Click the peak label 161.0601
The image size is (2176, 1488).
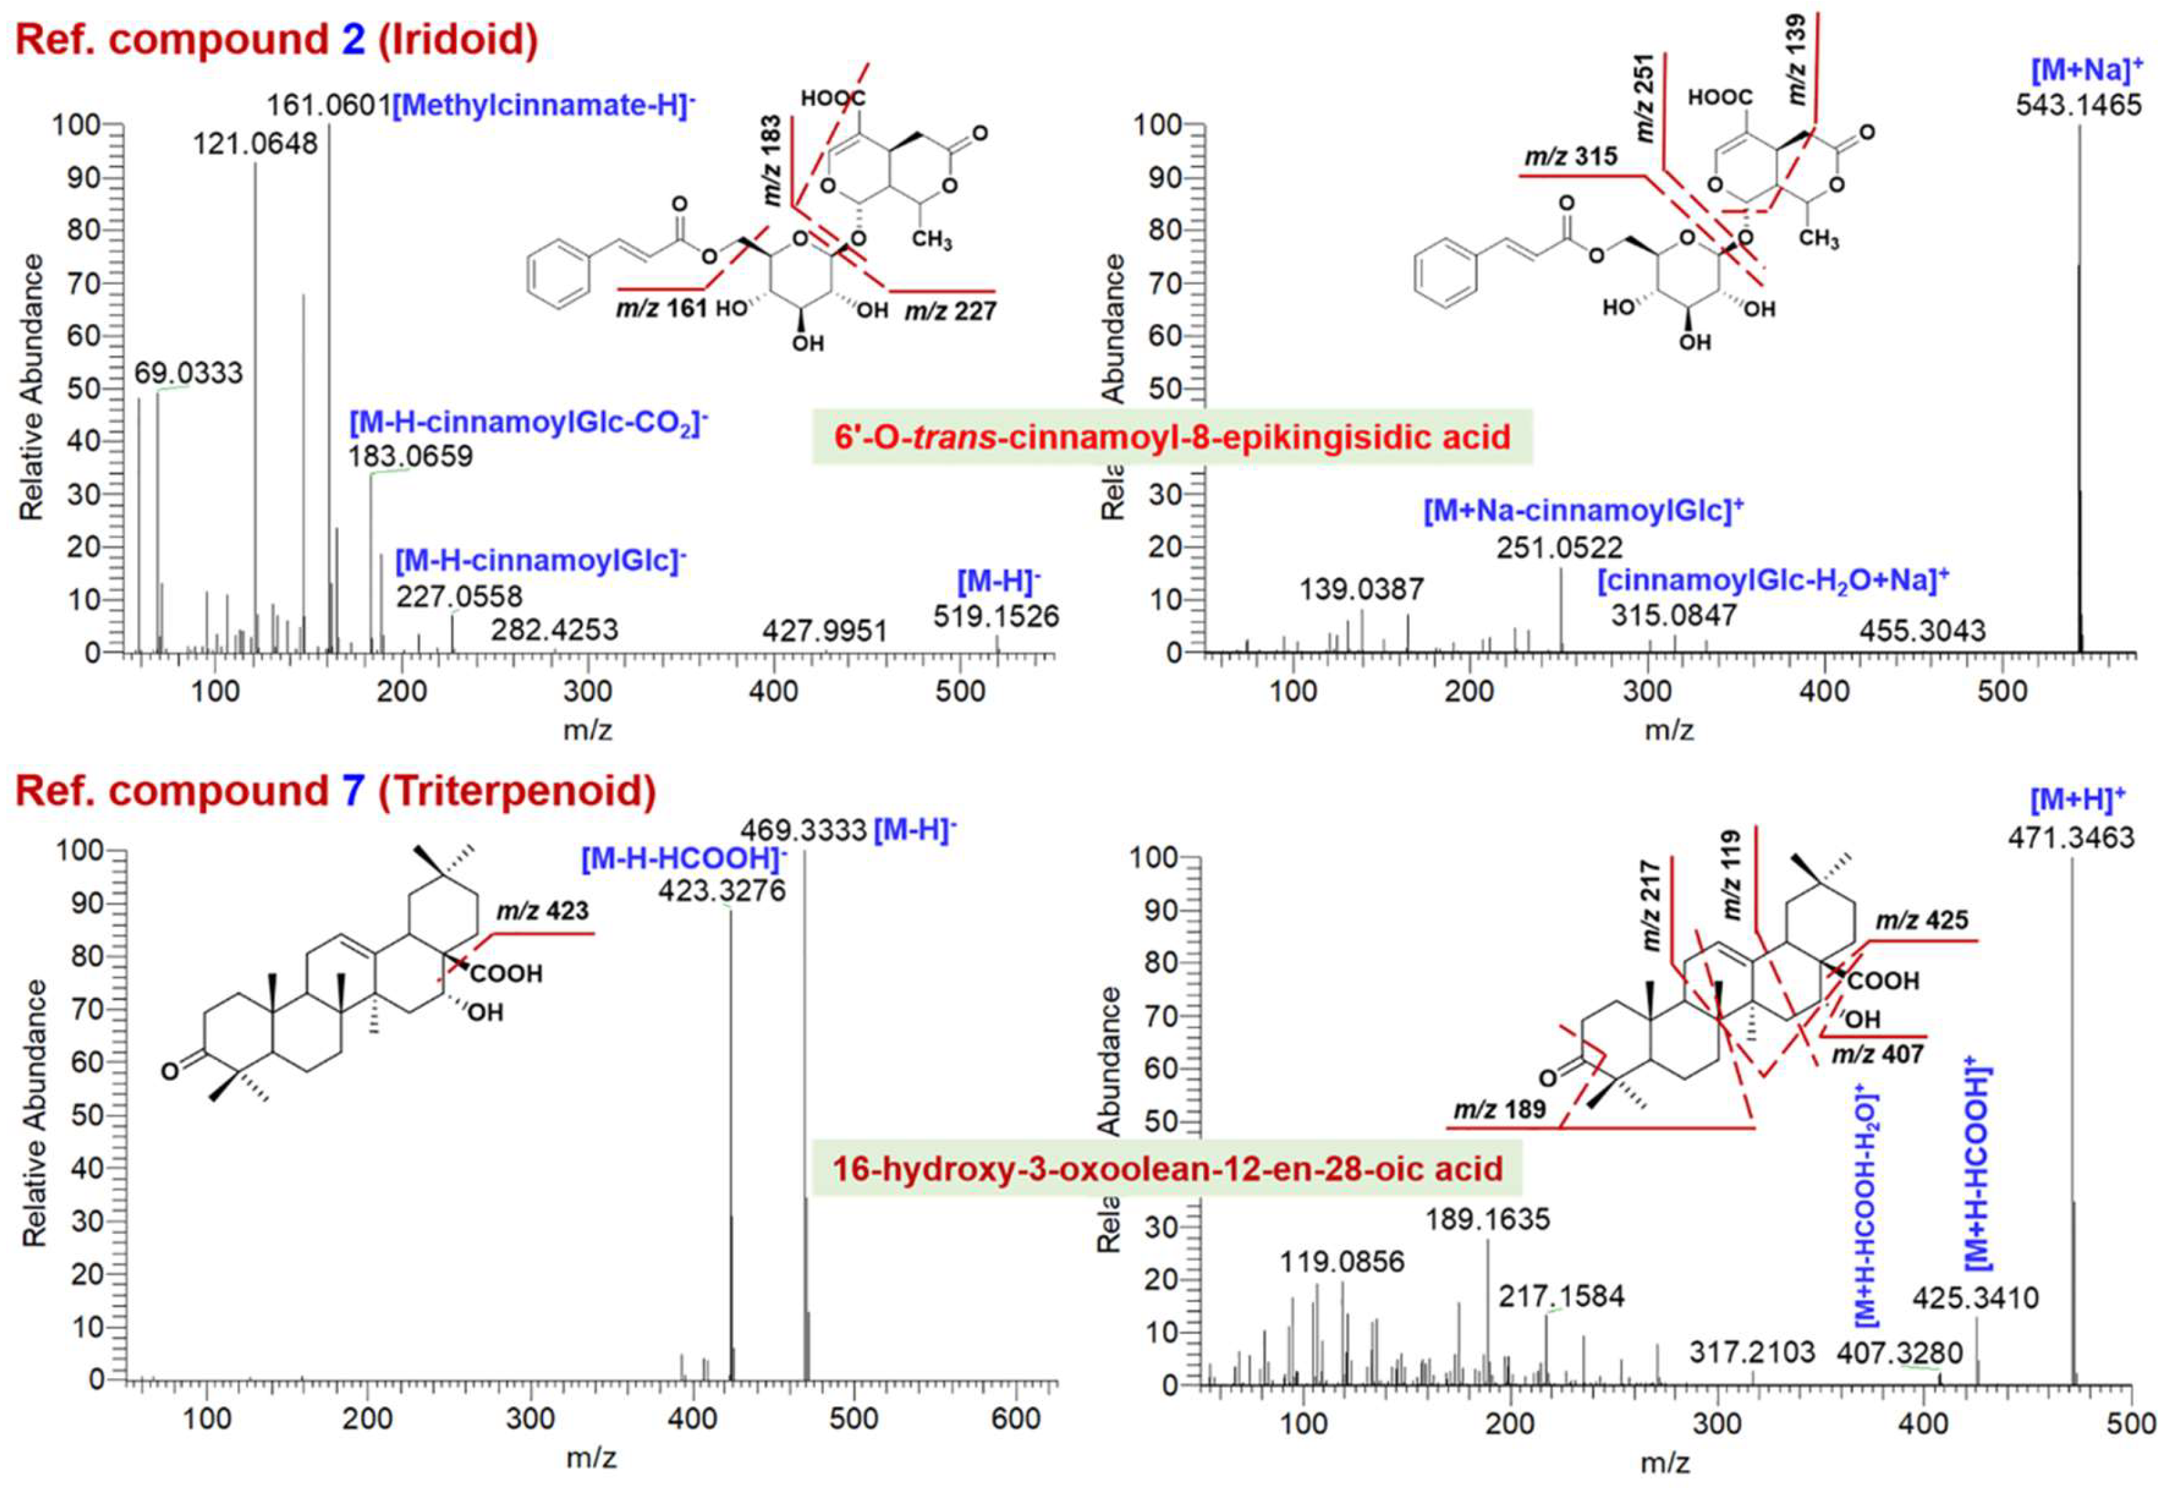coord(328,105)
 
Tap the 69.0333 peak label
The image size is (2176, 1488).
coord(188,373)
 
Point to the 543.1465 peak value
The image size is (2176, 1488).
coord(2078,105)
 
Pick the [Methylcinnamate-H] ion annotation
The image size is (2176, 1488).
coord(544,105)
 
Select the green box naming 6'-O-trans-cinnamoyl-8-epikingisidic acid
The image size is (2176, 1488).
coord(1173,437)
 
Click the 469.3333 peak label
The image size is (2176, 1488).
coord(803,830)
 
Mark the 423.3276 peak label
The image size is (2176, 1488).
coord(722,890)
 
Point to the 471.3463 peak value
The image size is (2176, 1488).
coord(2070,837)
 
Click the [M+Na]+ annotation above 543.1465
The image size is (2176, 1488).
coord(2087,70)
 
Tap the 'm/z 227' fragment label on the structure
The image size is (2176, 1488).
coord(949,311)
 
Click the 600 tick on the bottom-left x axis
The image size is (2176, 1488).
coord(1015,1418)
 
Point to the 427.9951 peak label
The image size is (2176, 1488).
coord(824,631)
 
